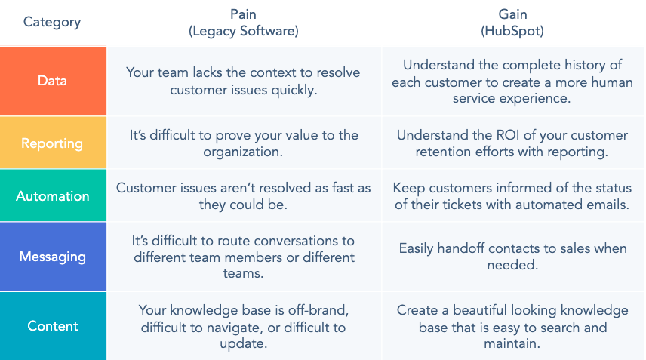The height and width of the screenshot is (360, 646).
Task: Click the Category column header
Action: [x=52, y=22]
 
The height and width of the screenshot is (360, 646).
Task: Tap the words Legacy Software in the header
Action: [x=244, y=31]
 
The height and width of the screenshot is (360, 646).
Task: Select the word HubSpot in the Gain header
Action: [x=512, y=31]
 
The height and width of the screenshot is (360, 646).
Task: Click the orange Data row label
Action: [x=52, y=81]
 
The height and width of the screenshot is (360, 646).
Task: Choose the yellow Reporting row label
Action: [x=52, y=143]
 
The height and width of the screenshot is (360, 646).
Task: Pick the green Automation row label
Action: [x=53, y=196]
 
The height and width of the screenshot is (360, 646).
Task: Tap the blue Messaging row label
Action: [x=53, y=257]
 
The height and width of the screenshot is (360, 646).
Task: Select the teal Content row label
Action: [x=53, y=326]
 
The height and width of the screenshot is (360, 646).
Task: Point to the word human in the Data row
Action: [x=612, y=82]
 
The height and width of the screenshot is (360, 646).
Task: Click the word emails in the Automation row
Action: [x=607, y=205]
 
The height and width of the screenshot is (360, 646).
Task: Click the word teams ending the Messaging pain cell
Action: [x=243, y=273]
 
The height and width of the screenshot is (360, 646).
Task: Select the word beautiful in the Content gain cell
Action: [x=480, y=310]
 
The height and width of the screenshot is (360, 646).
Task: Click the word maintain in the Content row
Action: [x=512, y=343]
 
